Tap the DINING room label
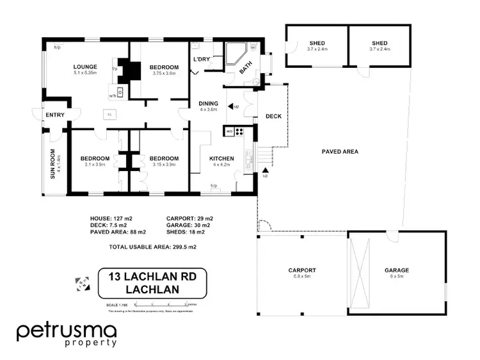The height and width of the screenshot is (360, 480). pos(209,103)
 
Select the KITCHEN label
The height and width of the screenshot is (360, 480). pos(221,158)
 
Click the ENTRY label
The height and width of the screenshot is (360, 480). pos(54,115)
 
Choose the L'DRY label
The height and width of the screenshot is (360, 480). pos(201,60)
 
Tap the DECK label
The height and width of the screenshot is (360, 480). pos(273,117)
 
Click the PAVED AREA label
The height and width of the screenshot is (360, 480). pos(339,152)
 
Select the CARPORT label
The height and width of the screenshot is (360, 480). pos(302,270)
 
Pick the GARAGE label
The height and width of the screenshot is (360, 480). pos(397,270)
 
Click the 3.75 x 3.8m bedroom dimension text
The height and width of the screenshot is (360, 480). pos(163,73)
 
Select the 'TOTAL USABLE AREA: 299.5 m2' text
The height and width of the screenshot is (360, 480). pos(152,247)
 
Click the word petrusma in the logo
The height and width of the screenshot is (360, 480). pos(67,331)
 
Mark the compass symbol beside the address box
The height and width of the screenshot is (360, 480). pos(83,282)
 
